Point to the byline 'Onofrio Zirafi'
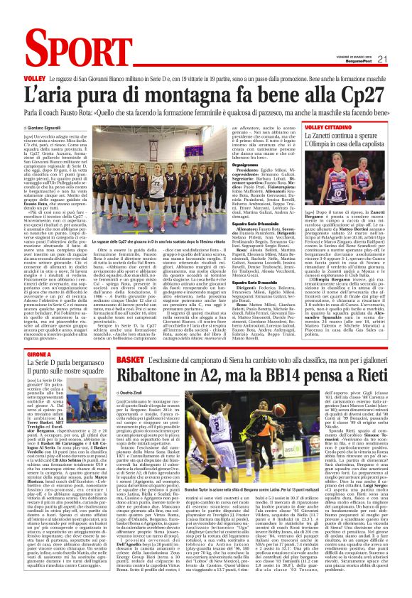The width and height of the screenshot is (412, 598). [x=116, y=371]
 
